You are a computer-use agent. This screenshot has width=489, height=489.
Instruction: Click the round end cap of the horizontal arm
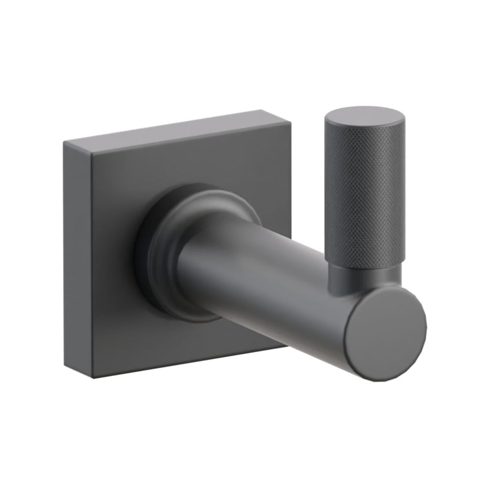tap(385, 334)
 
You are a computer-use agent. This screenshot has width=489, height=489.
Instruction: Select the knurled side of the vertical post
tap(365, 191)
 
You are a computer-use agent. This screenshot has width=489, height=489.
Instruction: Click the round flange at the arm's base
tap(201, 224)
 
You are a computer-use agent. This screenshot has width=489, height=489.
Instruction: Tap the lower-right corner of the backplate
tap(287, 346)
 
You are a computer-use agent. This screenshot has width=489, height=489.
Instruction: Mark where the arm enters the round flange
tap(191, 267)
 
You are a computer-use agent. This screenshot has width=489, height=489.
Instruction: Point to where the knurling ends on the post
tap(366, 262)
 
